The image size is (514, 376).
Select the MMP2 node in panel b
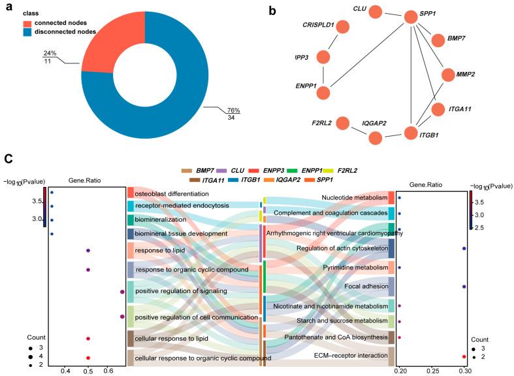[x=447, y=75]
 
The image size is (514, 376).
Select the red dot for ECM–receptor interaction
[x=464, y=356]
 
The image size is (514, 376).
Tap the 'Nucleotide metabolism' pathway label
[x=353, y=197]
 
